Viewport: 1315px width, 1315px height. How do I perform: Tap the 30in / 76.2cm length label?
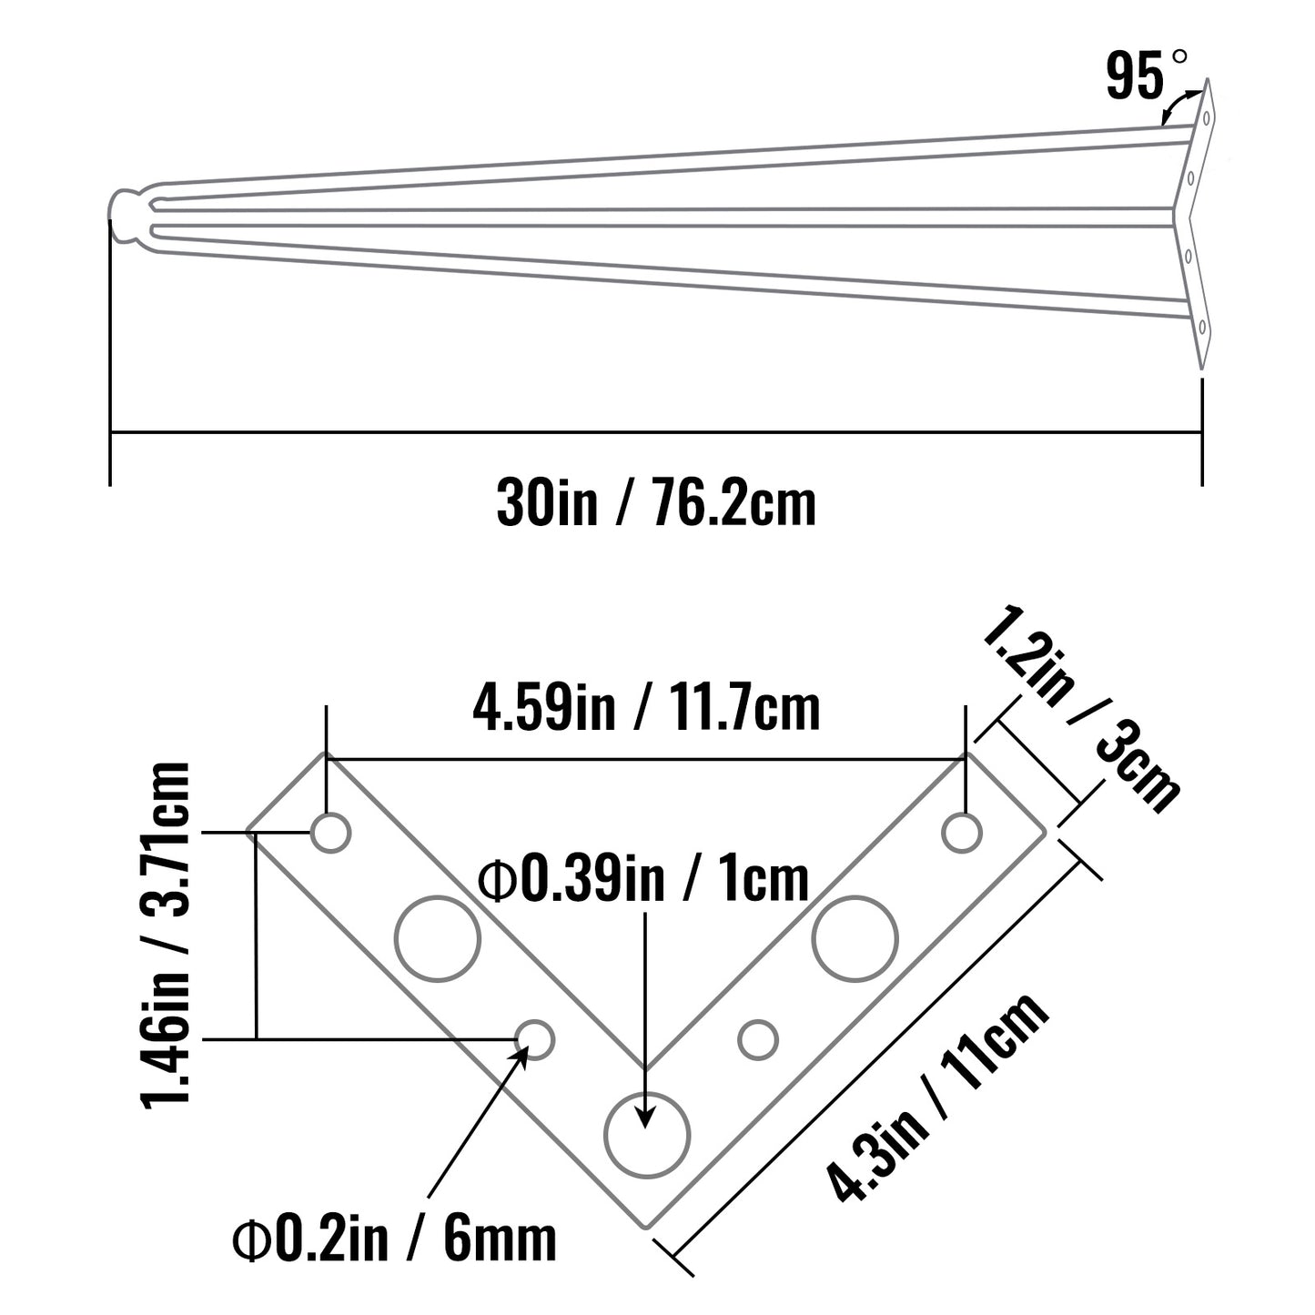pos(656,503)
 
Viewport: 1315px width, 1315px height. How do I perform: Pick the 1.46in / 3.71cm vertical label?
pos(166,936)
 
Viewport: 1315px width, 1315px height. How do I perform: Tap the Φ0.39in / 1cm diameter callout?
pos(643,880)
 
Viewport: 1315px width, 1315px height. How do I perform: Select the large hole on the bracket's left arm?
pos(438,938)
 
